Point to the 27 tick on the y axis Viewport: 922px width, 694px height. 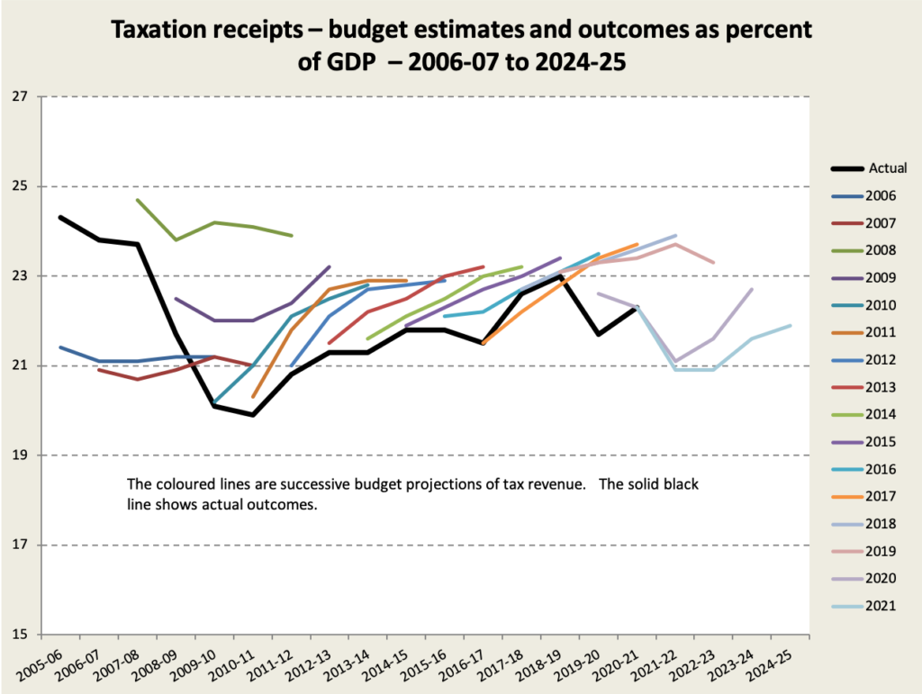[21, 96]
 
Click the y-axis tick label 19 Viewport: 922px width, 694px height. [21, 455]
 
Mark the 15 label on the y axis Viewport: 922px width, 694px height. [21, 635]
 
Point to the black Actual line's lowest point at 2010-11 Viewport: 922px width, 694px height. [253, 415]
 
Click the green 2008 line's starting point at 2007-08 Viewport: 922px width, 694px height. [137, 200]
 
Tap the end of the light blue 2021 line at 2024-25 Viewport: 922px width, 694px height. [791, 326]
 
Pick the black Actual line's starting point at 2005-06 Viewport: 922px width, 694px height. [59, 217]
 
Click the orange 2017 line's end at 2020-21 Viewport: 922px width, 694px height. [637, 244]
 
